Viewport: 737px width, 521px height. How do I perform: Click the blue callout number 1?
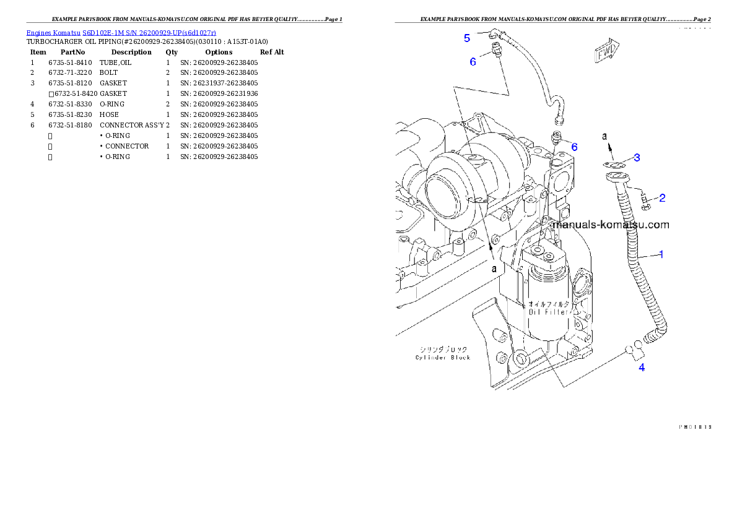coord(661,254)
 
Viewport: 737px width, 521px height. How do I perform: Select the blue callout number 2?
coord(662,198)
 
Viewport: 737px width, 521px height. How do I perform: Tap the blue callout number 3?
coord(637,158)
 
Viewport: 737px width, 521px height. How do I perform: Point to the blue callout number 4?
coord(642,368)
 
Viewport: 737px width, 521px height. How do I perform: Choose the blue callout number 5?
coord(467,38)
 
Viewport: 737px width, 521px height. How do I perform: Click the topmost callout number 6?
coord(473,62)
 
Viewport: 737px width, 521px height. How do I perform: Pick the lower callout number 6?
coord(574,147)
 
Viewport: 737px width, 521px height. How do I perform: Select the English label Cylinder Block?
coord(443,357)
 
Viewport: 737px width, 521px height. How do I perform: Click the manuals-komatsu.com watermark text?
coord(610,225)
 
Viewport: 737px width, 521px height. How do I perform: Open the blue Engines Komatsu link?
coord(121,32)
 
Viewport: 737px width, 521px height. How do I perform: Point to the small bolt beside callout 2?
coord(644,200)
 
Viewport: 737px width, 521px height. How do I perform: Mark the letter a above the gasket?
coord(606,136)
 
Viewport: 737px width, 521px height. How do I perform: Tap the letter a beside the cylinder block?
coord(494,269)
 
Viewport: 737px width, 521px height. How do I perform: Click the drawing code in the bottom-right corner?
coord(694,426)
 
